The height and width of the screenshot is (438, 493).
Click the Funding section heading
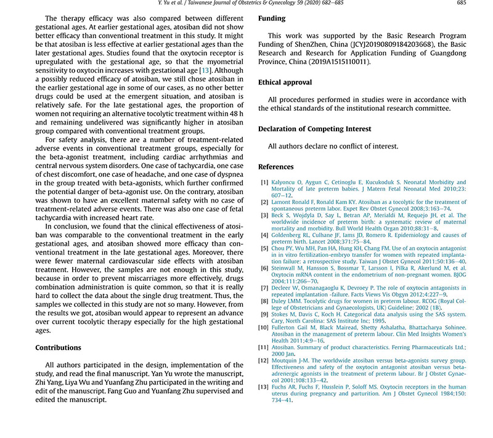click(272, 19)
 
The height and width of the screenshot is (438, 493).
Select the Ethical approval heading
click(285, 82)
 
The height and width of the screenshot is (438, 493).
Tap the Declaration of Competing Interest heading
click(314, 129)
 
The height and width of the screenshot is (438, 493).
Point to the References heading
click(276, 167)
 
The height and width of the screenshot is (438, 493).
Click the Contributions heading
click(58, 348)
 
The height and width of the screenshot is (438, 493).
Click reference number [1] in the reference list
click(264, 183)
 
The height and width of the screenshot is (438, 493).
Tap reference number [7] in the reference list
click(264, 288)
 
